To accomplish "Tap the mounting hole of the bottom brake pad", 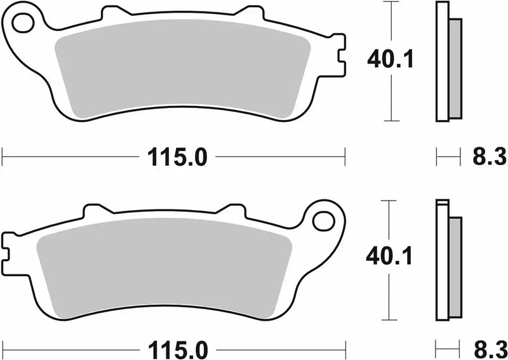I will pyautogui.click(x=323, y=221).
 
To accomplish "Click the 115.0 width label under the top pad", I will pyautogui.click(x=178, y=156).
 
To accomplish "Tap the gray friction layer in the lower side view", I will pyautogui.click(x=455, y=267).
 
